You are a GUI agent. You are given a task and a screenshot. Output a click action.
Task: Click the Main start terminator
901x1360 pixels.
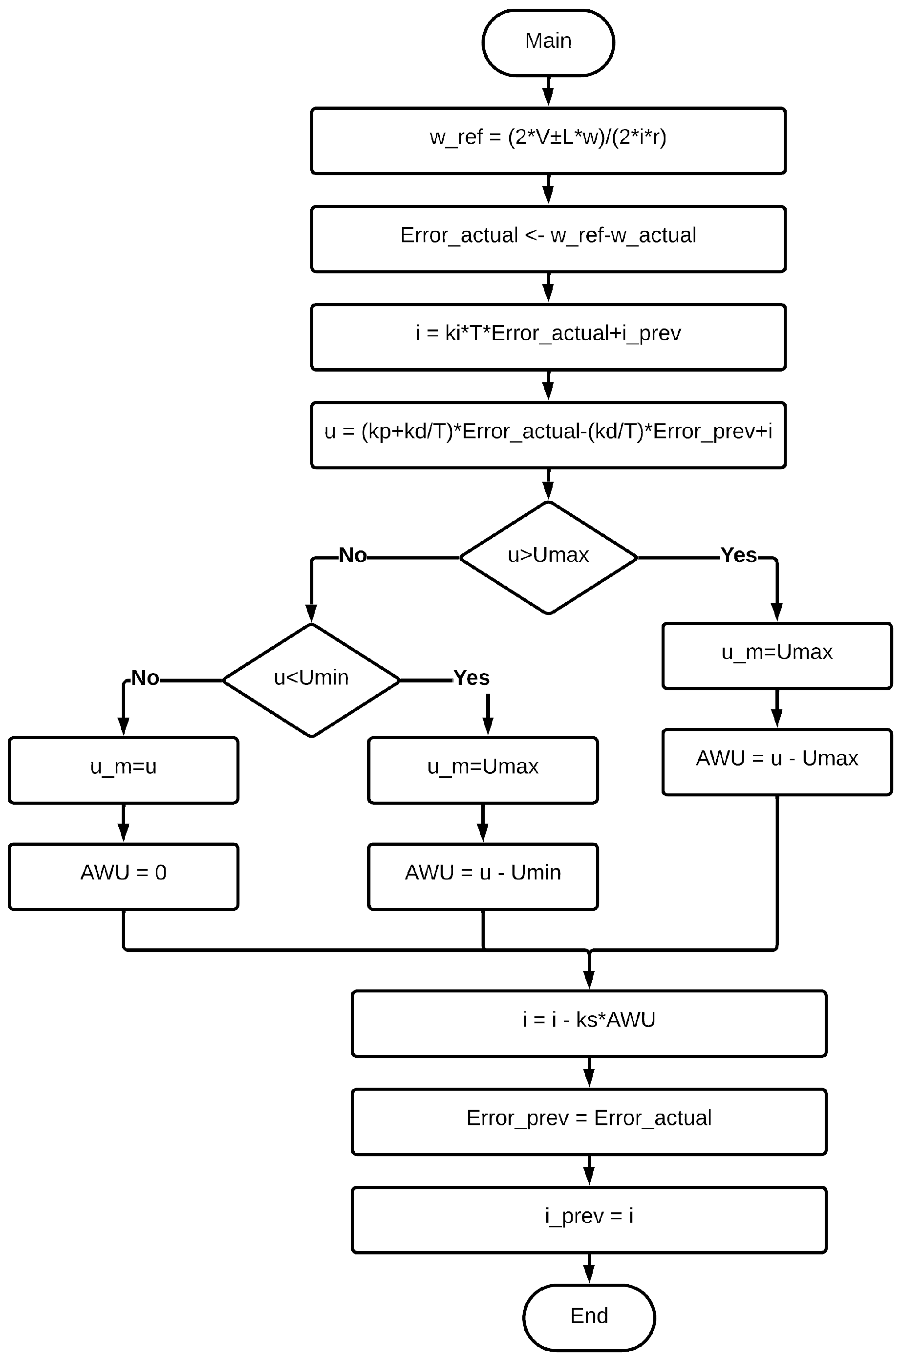point(548,42)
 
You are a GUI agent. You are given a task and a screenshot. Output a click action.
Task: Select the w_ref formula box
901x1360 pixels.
point(548,140)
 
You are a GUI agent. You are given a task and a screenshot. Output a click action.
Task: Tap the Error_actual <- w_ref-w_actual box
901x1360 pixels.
point(548,239)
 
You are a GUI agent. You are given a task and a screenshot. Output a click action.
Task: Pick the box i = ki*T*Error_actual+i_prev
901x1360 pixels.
point(548,337)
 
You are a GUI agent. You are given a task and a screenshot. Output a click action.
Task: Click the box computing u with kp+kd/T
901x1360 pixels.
point(548,435)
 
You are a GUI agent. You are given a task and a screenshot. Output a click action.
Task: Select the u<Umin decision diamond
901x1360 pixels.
point(311,680)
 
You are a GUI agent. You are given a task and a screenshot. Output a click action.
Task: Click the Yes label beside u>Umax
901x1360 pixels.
point(738,555)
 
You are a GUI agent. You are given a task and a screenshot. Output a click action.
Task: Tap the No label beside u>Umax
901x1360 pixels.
point(352,555)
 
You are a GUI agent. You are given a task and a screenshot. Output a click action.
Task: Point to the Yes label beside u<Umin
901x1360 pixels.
point(471,678)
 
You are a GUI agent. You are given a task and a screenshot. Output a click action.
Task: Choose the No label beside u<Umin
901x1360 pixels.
point(145,678)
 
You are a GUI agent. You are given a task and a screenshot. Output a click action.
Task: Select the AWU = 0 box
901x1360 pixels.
point(123,876)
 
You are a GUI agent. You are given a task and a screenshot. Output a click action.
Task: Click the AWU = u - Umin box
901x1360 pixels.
point(482,876)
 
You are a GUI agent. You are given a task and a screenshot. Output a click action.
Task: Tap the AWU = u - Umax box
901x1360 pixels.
point(776,762)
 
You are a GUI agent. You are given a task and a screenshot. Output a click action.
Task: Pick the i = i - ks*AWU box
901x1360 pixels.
point(588,1023)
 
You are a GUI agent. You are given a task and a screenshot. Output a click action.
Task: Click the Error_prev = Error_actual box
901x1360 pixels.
point(588,1121)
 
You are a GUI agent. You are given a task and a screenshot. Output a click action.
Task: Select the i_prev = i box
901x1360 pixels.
point(588,1220)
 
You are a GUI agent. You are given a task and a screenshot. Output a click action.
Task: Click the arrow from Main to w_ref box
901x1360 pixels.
point(548,91)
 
